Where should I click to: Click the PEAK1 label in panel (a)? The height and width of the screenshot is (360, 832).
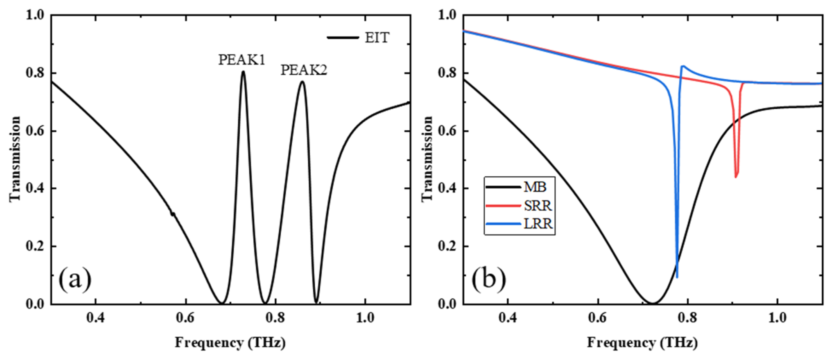click(x=242, y=60)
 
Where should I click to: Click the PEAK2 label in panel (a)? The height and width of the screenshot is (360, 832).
click(x=304, y=70)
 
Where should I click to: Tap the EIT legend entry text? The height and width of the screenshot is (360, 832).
click(x=377, y=38)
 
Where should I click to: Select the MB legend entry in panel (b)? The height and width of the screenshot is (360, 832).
click(x=535, y=187)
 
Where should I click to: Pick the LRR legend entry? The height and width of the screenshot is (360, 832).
click(x=538, y=224)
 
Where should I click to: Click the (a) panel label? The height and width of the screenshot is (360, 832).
click(x=75, y=280)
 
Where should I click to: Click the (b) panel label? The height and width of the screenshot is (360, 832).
click(x=489, y=280)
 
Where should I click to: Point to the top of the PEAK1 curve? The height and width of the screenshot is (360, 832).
click(x=243, y=72)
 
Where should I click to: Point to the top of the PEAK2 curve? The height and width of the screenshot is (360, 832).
click(x=302, y=82)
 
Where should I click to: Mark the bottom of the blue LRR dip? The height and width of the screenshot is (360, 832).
click(x=677, y=277)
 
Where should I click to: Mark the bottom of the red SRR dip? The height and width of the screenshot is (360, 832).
click(x=736, y=177)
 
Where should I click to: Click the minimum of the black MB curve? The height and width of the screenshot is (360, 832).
click(x=652, y=303)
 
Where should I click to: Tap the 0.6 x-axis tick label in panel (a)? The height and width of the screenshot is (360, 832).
click(x=186, y=318)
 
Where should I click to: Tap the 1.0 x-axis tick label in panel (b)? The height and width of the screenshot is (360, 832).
click(x=777, y=318)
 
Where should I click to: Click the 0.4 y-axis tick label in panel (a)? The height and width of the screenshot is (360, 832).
click(x=35, y=189)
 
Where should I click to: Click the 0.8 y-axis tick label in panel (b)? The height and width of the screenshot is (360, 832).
click(x=448, y=73)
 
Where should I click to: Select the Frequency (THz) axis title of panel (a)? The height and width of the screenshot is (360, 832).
click(x=230, y=343)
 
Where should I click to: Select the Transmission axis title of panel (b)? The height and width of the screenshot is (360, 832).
click(x=427, y=159)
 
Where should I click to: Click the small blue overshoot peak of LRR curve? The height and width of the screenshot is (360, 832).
click(x=683, y=67)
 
